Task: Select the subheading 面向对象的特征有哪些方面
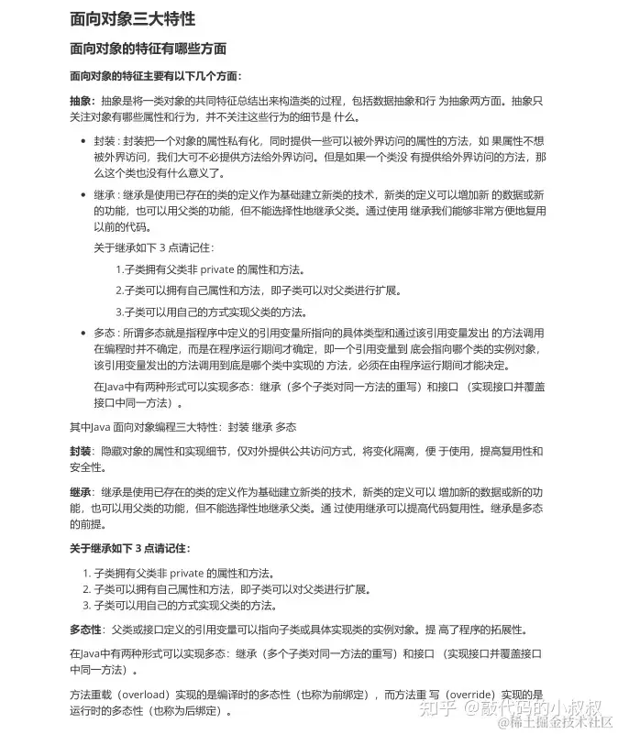(x=148, y=48)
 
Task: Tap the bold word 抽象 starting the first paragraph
(x=81, y=101)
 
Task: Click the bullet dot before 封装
(x=83, y=142)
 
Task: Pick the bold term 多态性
(x=86, y=630)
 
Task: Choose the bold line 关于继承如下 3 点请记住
(x=130, y=548)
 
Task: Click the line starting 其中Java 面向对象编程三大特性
(x=183, y=427)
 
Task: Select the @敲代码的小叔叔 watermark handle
(x=532, y=707)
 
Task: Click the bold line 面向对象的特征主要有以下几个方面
(x=156, y=76)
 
